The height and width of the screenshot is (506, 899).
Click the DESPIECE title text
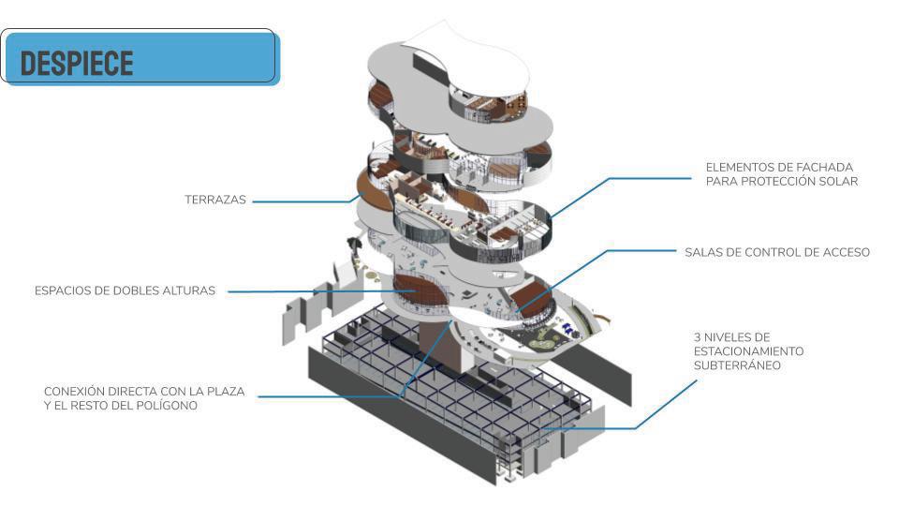(x=77, y=62)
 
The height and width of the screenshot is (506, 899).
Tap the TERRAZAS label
(x=214, y=201)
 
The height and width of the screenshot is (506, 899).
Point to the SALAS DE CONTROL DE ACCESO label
(x=777, y=252)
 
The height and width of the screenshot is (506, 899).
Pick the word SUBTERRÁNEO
(x=737, y=365)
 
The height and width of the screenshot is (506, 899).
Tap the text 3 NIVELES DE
(x=731, y=335)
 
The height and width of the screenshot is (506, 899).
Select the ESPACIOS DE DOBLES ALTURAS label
(x=125, y=291)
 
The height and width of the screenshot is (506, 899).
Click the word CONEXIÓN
(x=77, y=392)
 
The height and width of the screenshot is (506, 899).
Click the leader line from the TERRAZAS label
(x=300, y=201)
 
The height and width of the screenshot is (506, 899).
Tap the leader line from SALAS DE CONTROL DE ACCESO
(x=637, y=252)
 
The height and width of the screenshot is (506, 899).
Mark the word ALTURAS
(x=191, y=291)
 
